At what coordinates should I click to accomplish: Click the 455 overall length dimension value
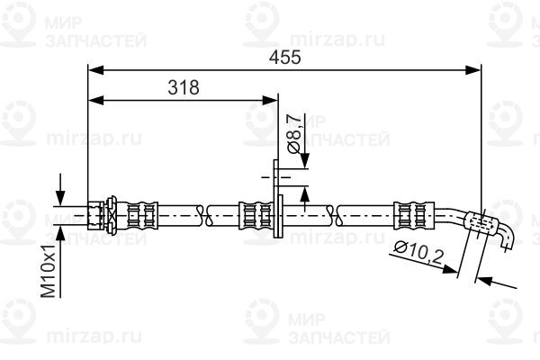[284, 58]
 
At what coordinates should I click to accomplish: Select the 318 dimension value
[184, 87]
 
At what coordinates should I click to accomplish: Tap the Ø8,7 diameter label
[293, 135]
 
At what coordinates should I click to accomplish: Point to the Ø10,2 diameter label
[418, 253]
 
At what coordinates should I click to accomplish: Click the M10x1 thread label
[49, 271]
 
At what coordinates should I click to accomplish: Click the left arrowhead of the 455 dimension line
[96, 70]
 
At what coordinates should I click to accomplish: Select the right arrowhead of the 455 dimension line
[472, 70]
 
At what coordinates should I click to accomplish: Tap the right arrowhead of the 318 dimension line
[270, 101]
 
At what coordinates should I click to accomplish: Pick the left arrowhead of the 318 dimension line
[96, 101]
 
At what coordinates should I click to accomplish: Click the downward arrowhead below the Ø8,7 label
[304, 161]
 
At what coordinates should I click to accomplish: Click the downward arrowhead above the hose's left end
[60, 199]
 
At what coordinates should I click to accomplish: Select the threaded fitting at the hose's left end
[102, 216]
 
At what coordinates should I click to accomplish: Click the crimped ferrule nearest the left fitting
[142, 216]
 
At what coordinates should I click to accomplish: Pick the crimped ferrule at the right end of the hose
[414, 216]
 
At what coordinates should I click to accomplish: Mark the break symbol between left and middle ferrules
[204, 216]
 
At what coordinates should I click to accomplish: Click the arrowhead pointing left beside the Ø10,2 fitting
[485, 280]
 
